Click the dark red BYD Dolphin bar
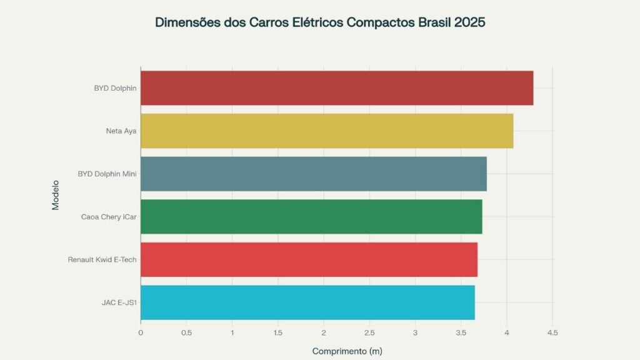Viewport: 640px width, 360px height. pyautogui.click(x=337, y=88)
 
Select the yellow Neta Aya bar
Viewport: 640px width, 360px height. pyautogui.click(x=327, y=131)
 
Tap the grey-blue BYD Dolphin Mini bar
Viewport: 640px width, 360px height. pyautogui.click(x=314, y=174)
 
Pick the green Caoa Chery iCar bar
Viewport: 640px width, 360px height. pyautogui.click(x=311, y=217)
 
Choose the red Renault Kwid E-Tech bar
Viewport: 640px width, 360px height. pyautogui.click(x=309, y=259)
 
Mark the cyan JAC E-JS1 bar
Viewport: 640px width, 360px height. pyautogui.click(x=307, y=302)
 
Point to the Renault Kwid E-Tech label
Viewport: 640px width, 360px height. pyautogui.click(x=102, y=259)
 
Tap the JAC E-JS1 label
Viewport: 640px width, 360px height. pyautogui.click(x=119, y=302)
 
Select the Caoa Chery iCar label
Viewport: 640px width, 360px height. pyautogui.click(x=109, y=217)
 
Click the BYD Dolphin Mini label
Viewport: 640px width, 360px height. pyautogui.click(x=107, y=174)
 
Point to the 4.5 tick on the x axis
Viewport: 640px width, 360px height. pyautogui.click(x=552, y=332)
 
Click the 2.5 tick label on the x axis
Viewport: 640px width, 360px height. pyautogui.click(x=369, y=332)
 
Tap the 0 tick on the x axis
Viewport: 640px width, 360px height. pyautogui.click(x=141, y=332)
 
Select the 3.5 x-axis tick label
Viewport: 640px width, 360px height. pyautogui.click(x=461, y=332)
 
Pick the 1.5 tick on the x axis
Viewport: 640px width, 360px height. pyautogui.click(x=277, y=332)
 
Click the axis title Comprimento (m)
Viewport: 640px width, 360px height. pyautogui.click(x=347, y=351)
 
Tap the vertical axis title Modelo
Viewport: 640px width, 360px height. pyautogui.click(x=55, y=196)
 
